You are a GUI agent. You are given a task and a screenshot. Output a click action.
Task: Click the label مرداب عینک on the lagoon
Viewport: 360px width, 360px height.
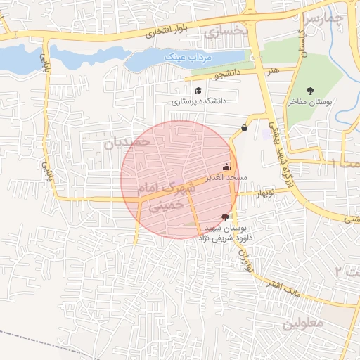tap(184, 56)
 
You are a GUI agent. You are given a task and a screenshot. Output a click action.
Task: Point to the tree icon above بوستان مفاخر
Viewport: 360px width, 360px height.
tap(310, 91)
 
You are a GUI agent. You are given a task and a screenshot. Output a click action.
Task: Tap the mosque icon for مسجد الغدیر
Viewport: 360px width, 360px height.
tap(226, 167)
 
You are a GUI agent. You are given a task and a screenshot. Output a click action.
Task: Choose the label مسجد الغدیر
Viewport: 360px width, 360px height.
tap(224, 179)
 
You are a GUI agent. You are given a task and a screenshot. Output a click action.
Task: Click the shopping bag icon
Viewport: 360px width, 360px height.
tap(244, 127)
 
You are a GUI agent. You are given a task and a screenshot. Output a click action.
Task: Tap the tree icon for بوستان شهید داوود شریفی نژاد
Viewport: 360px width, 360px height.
tap(225, 218)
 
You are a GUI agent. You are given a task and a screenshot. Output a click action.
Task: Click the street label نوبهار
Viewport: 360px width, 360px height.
tap(264, 192)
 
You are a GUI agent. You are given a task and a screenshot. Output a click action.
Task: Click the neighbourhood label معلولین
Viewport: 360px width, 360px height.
tap(303, 324)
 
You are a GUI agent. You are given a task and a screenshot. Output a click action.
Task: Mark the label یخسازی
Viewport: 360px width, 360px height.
tap(226, 31)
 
